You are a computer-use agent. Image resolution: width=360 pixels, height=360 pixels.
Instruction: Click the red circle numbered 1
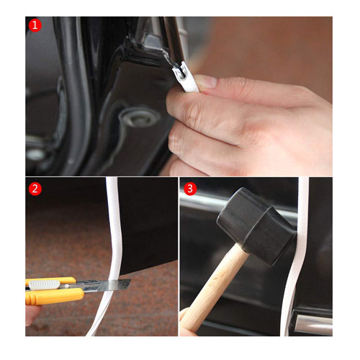click(x=35, y=25)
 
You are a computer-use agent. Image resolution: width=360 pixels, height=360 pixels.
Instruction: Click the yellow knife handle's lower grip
click(x=50, y=296)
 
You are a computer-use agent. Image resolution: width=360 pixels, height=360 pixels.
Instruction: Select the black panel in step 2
click(x=148, y=223)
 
